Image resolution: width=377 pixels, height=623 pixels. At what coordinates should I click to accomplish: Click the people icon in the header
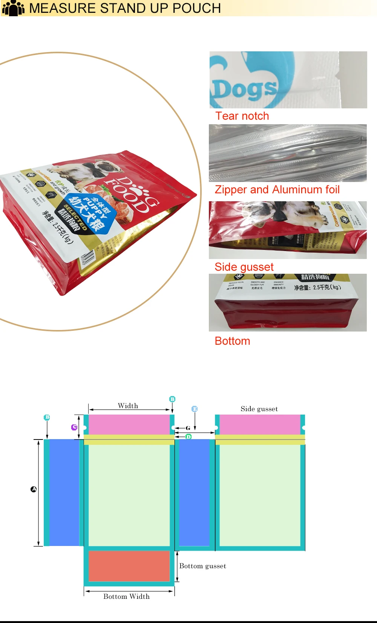point(13,8)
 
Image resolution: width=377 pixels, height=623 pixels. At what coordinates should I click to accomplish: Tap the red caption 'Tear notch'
point(242,116)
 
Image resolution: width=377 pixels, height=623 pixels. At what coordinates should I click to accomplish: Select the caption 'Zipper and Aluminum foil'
point(277,190)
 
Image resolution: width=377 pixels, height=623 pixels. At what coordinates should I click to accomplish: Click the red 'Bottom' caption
point(232,341)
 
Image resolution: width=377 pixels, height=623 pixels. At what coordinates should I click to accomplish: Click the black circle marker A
point(34,489)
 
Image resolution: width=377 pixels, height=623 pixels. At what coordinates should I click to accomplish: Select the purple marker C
point(74,427)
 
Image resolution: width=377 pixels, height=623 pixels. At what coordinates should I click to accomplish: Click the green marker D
point(188,437)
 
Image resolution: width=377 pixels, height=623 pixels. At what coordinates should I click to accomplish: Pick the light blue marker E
point(195,409)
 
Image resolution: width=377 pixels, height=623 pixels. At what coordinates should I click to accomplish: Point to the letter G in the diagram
point(188,428)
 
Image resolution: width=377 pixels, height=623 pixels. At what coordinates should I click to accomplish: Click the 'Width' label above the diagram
point(128,406)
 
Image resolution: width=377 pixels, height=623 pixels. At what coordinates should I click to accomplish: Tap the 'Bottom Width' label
point(126,597)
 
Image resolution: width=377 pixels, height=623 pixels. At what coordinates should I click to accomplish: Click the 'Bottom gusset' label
point(202,566)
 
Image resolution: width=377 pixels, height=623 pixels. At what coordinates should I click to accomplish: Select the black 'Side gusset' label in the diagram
point(259,409)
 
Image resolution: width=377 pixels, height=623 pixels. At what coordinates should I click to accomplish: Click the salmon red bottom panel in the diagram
point(129,566)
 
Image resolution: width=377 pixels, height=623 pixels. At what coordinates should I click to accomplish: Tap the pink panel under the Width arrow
point(129,424)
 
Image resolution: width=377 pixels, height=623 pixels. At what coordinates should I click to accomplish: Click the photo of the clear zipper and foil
point(288,153)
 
